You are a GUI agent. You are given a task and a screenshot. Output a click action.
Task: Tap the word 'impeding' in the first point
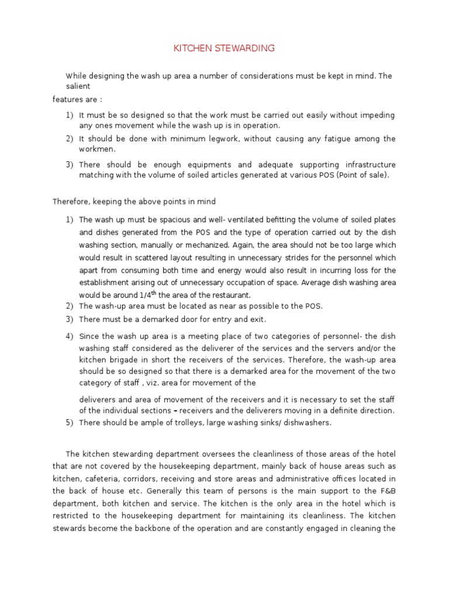[378, 115]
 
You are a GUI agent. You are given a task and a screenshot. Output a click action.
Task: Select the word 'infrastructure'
[366, 165]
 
